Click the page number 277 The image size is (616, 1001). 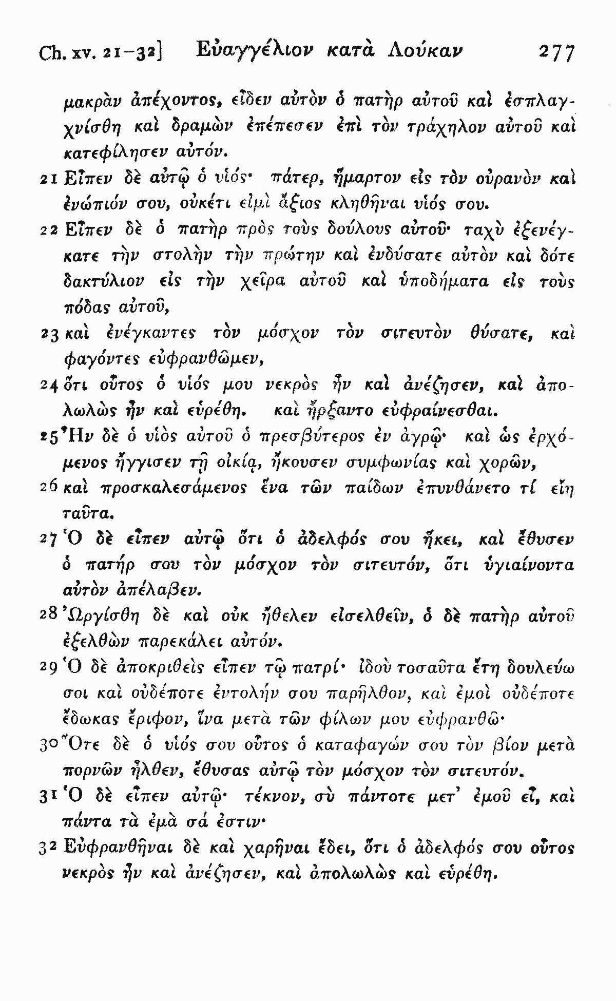pos(555,53)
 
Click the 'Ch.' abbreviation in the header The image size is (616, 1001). pos(50,53)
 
